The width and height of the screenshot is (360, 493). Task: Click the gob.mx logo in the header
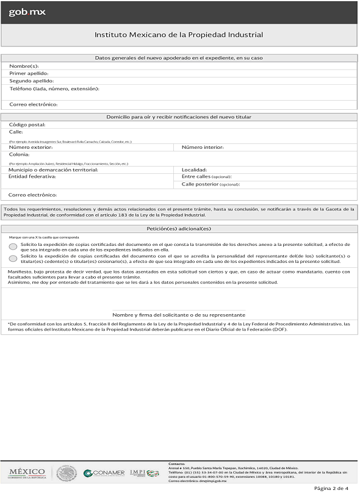coord(27,12)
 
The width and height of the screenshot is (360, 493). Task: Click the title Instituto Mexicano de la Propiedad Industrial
coord(179,35)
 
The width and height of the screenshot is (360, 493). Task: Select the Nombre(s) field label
coord(24,66)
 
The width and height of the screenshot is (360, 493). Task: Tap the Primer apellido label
coord(29,73)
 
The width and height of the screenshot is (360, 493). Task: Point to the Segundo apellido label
coord(32,81)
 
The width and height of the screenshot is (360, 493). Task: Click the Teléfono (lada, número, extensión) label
coord(54,88)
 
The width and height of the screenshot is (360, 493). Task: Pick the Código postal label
coord(27,124)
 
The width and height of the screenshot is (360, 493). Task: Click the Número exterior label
coord(31,147)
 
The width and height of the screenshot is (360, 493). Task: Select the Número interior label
coord(203,147)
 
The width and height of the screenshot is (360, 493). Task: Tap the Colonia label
coord(19,154)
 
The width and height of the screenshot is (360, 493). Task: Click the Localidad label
coord(195,170)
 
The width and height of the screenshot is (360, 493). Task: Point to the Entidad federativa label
coord(32,176)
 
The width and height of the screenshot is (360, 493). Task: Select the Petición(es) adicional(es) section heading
coord(179,228)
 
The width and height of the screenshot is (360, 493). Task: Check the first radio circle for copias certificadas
coord(13,246)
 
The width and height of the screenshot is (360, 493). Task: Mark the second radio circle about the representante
coord(13,258)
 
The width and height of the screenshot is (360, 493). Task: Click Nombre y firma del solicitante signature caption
coord(179,315)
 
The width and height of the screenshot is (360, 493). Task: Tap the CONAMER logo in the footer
coord(104,473)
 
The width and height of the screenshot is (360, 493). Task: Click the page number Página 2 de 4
coord(331,488)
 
